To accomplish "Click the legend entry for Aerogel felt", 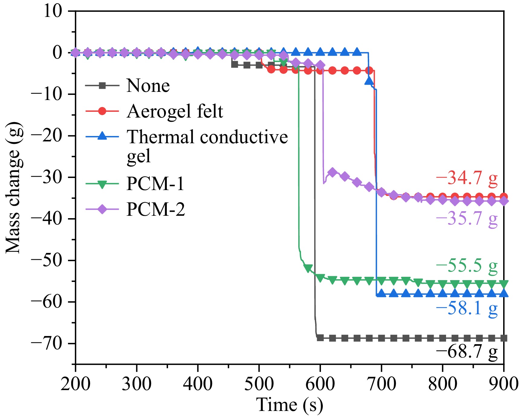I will click(x=175, y=111).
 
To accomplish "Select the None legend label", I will click(x=148, y=86).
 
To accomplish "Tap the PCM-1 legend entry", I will click(x=155, y=183).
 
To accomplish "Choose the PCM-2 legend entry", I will click(x=155, y=209).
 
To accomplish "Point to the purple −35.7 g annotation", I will click(x=466, y=218).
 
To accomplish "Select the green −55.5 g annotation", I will click(x=466, y=266).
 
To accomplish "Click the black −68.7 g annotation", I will click(x=466, y=351).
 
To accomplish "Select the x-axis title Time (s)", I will click(x=290, y=405).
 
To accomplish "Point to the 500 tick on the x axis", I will click(x=259, y=384).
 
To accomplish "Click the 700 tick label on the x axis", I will click(x=381, y=384).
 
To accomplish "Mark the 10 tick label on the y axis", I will click(x=53, y=11).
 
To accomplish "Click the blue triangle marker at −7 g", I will click(x=369, y=80).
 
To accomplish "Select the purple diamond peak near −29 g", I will click(x=333, y=173).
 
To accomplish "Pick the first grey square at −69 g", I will click(x=320, y=338).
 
